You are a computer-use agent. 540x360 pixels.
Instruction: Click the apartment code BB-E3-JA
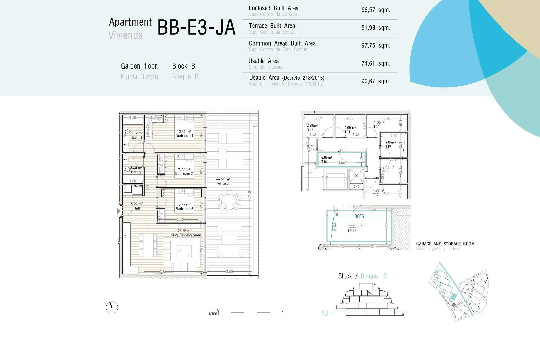(x=196, y=28)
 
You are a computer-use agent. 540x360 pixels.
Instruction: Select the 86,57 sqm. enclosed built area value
(x=375, y=10)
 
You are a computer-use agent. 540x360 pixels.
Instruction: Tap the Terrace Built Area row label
(x=272, y=26)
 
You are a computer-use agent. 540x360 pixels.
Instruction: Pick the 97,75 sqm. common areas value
(x=375, y=46)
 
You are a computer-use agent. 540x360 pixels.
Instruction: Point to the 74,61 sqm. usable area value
(x=375, y=64)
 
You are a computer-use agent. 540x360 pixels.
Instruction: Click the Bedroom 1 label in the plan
(x=184, y=136)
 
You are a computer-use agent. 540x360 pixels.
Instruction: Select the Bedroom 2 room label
(x=184, y=174)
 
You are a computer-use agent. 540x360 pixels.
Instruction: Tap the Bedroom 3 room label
(x=184, y=209)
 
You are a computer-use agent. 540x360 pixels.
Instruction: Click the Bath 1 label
(x=137, y=138)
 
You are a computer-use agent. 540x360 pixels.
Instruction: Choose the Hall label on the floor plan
(x=137, y=208)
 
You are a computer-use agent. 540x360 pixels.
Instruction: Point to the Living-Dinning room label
(x=184, y=235)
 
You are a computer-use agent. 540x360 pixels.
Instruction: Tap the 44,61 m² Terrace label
(x=222, y=181)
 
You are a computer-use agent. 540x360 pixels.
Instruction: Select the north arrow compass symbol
(x=112, y=307)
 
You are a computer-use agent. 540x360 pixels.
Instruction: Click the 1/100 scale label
(x=212, y=314)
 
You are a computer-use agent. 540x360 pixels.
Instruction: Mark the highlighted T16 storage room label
(x=324, y=162)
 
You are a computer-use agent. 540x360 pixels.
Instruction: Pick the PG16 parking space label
(x=352, y=231)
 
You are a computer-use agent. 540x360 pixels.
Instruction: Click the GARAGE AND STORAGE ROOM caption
(x=445, y=244)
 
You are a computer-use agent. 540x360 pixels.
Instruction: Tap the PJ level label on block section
(x=325, y=313)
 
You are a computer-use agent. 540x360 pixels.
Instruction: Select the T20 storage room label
(x=376, y=127)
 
